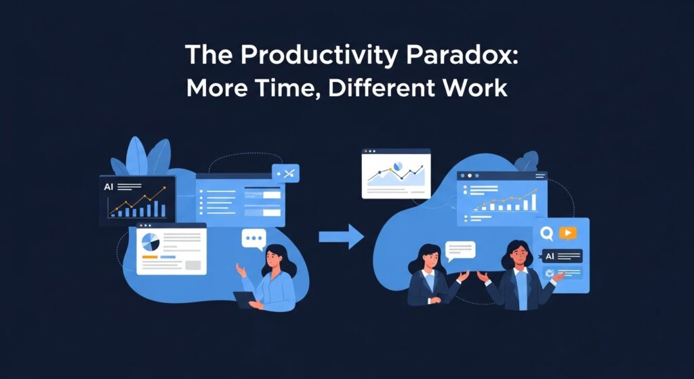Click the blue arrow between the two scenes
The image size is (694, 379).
[342, 237]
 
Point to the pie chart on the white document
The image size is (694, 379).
[150, 242]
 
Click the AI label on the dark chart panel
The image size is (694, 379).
[108, 187]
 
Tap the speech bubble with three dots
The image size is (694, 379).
[253, 239]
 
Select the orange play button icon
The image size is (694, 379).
[568, 233]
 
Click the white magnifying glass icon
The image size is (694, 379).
[547, 233]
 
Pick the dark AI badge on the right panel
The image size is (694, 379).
[562, 256]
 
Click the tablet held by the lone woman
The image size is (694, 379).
[244, 299]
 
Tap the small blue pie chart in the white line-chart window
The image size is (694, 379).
[397, 165]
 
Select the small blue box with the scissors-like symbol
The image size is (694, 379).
[285, 173]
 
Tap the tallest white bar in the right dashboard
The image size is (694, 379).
[533, 202]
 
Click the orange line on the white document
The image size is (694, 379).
[150, 257]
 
